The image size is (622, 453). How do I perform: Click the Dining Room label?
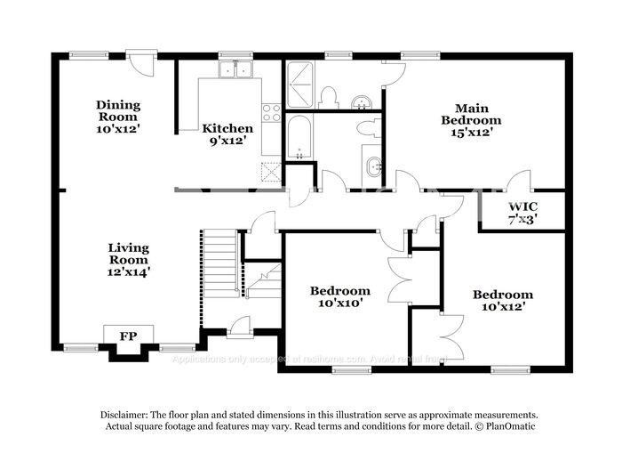[118, 117]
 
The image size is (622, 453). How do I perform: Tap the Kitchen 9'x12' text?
[228, 133]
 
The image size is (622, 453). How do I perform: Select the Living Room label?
[129, 260]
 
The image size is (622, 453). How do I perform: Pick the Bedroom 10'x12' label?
[502, 301]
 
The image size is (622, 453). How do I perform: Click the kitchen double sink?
[236, 69]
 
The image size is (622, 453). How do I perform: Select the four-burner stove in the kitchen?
[271, 113]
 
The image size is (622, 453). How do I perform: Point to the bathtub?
[299, 137]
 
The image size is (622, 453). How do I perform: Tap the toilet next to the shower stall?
[328, 96]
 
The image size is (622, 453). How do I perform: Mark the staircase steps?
[221, 262]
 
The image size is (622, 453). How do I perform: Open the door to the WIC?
[518, 182]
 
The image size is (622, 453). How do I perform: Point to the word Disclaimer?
[121, 415]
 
